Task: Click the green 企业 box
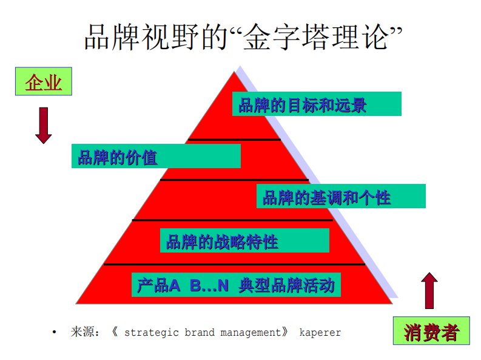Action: pyautogui.click(x=44, y=81)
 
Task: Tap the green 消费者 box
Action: pyautogui.click(x=431, y=331)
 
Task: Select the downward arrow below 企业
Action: pyautogui.click(x=43, y=126)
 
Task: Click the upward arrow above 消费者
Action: pyautogui.click(x=429, y=290)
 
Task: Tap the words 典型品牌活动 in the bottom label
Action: pyautogui.click(x=286, y=285)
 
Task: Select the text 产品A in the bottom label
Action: pyautogui.click(x=158, y=285)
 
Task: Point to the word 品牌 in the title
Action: pyautogui.click(x=113, y=37)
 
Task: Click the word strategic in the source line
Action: pyautogui.click(x=151, y=333)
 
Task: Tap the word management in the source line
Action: pyautogui.click(x=251, y=333)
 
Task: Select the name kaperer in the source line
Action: pyautogui.click(x=320, y=333)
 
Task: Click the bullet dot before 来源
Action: pyautogui.click(x=55, y=331)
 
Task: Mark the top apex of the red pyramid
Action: pyautogui.click(x=235, y=72)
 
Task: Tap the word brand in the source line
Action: pyautogui.click(x=200, y=332)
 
